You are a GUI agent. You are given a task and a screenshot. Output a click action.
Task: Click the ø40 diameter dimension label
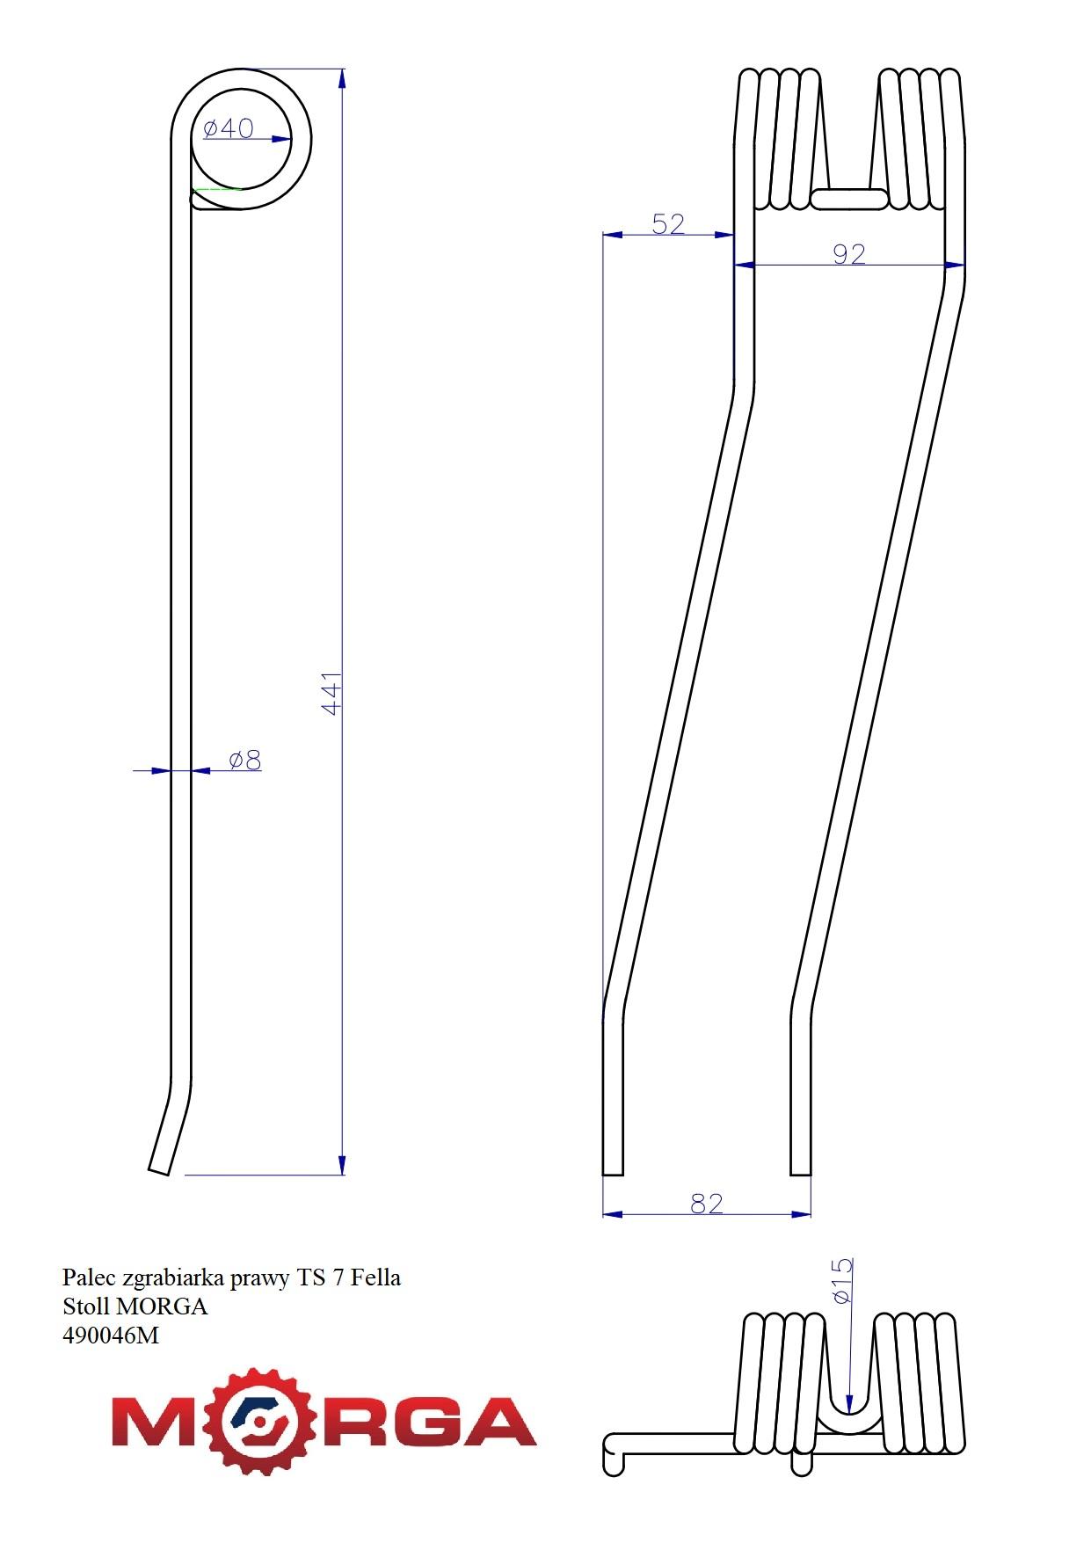pos(228,128)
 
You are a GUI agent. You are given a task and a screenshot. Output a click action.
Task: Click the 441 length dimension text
pos(331,694)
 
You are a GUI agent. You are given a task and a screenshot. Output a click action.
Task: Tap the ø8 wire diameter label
pos(245,760)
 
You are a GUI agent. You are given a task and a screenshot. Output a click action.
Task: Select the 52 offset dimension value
pos(668,224)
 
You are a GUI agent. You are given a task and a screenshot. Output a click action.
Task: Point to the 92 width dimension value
pos(849,254)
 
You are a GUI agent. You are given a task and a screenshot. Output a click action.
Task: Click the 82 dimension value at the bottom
pos(707,1203)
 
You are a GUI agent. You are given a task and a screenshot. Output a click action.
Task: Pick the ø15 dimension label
pos(841,1282)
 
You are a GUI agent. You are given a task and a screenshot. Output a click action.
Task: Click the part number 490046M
pos(111,1336)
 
